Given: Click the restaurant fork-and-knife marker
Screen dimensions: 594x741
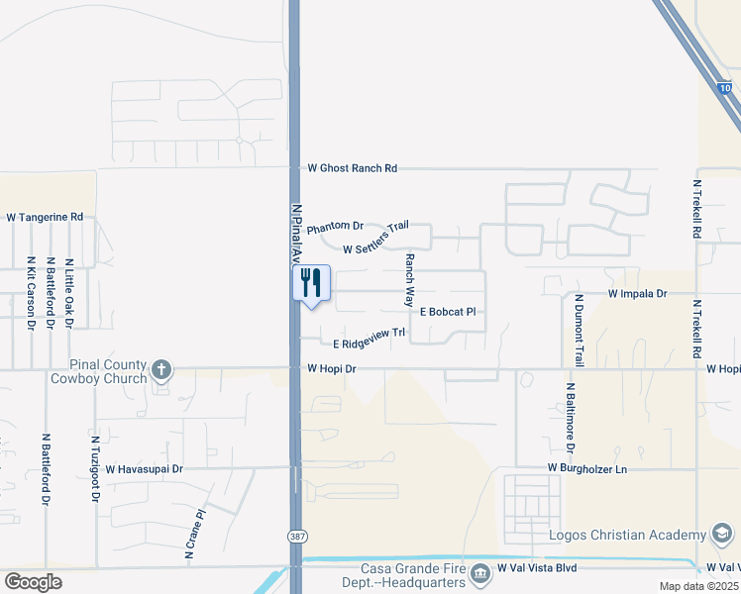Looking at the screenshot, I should pyautogui.click(x=311, y=283).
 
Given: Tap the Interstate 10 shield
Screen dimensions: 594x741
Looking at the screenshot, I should pyautogui.click(x=725, y=89).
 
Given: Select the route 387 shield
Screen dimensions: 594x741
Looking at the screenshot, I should pyautogui.click(x=296, y=536).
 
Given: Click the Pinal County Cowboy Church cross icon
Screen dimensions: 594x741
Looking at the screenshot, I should pyautogui.click(x=160, y=371).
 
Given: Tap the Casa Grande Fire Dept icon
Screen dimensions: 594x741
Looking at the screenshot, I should pyautogui.click(x=480, y=572).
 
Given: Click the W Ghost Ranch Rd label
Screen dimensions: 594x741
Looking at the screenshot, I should pyautogui.click(x=352, y=169).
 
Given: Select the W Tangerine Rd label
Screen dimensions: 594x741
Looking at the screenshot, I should pyautogui.click(x=45, y=217).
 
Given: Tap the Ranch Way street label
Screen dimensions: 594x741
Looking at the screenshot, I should pyautogui.click(x=408, y=278).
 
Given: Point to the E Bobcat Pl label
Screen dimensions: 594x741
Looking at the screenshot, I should pyautogui.click(x=448, y=312).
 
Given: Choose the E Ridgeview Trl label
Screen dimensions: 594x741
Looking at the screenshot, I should pyautogui.click(x=370, y=339).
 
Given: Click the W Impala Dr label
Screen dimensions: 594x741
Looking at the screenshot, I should pyautogui.click(x=638, y=295).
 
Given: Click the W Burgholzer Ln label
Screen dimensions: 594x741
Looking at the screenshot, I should pyautogui.click(x=587, y=468).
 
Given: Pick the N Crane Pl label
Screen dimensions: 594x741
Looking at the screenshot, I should pyautogui.click(x=194, y=536).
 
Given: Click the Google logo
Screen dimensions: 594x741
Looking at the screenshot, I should pyautogui.click(x=33, y=581).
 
